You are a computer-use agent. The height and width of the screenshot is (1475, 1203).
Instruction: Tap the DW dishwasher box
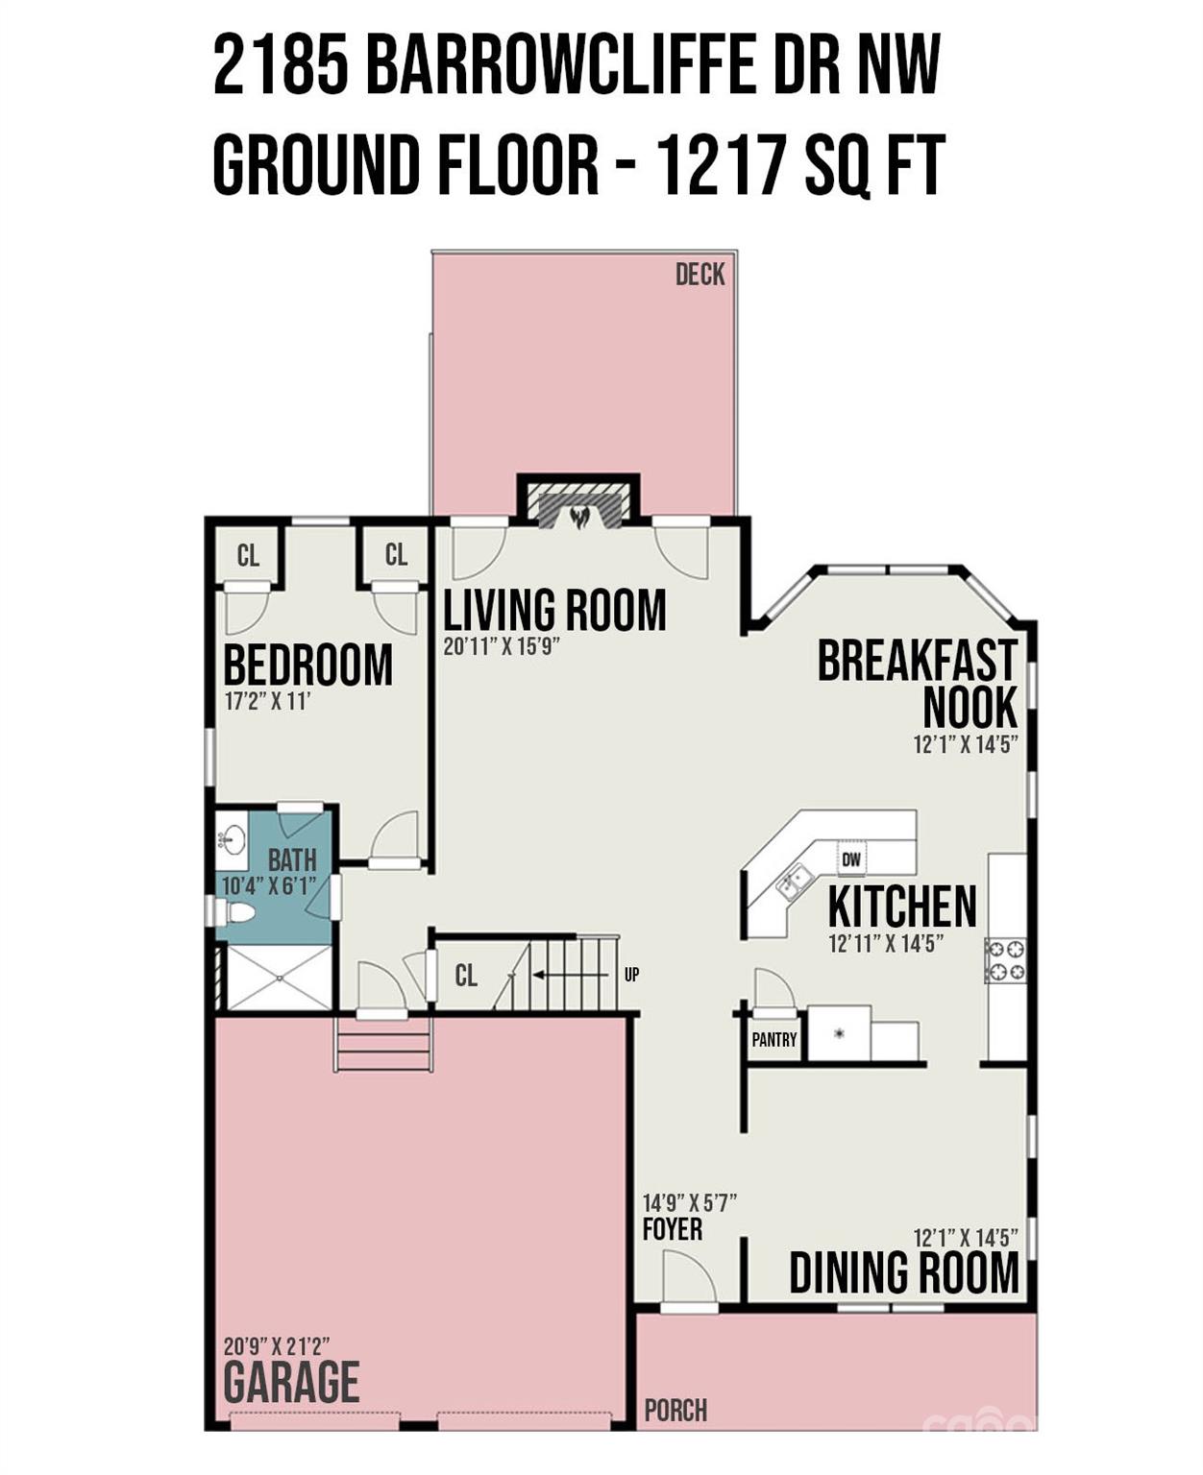pos(851,859)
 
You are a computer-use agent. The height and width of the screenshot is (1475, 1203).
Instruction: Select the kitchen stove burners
pos(1005,959)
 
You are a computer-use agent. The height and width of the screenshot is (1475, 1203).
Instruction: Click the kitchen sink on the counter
pos(796,881)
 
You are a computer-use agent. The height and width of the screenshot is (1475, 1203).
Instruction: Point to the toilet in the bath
pos(233,912)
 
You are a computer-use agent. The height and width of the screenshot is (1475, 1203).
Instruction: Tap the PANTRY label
pos(774,1039)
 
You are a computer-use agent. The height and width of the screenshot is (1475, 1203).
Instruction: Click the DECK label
pos(700,275)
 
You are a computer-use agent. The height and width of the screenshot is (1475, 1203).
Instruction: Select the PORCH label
pos(675,1411)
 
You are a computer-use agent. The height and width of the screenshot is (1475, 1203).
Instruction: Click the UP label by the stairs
pos(631,975)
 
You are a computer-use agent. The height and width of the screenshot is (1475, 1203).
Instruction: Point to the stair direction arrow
pos(567,975)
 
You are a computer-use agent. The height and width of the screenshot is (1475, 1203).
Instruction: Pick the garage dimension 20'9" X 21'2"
pos(277,1346)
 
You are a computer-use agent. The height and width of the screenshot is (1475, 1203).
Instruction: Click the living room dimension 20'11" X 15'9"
pos(501,647)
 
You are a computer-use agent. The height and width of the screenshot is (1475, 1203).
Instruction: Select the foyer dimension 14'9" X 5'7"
pos(690,1202)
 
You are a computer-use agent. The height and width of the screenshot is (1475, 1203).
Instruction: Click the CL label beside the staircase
pos(466,976)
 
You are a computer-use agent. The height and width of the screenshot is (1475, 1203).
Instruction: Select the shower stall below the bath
pos(280,978)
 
